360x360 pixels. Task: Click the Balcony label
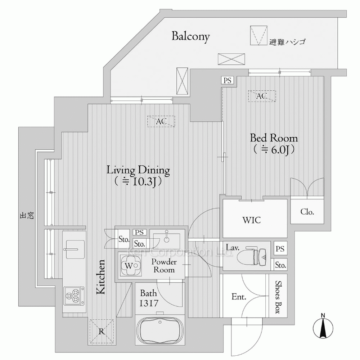point(190,37)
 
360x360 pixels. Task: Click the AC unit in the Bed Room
point(262,96)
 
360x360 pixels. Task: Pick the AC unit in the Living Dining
point(161,121)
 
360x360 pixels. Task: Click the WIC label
point(252,220)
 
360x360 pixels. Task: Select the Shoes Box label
point(278,297)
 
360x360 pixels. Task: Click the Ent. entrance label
point(239,297)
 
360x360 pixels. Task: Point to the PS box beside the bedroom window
point(227,81)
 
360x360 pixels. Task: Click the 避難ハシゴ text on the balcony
point(287,42)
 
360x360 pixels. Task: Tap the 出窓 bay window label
point(27,216)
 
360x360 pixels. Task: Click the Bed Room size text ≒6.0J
point(274,150)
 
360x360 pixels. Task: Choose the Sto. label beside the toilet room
point(280,265)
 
